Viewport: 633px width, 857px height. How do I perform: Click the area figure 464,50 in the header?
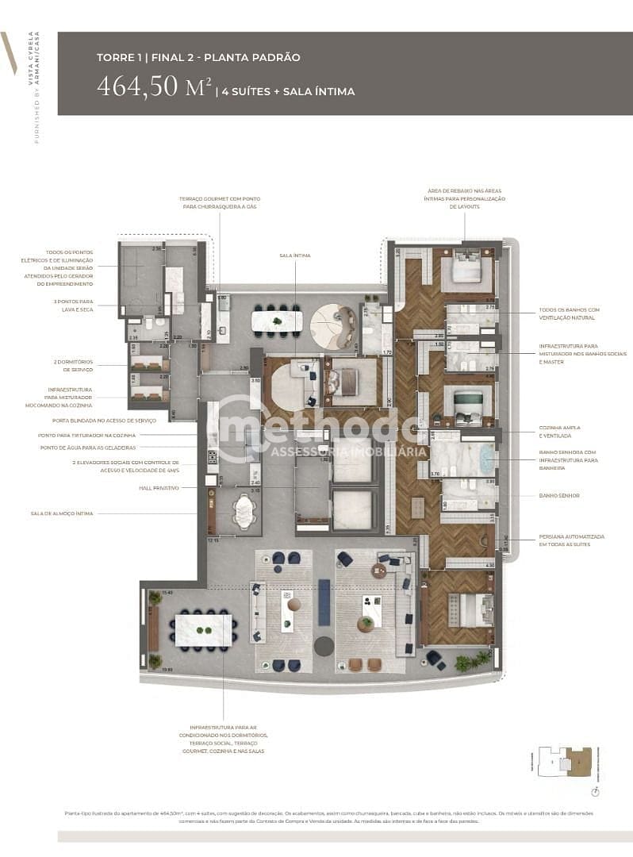click(146, 86)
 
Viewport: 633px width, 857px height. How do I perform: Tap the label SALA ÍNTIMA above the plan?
click(294, 256)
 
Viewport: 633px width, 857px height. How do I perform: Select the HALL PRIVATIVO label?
click(159, 488)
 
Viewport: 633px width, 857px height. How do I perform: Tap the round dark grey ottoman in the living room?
click(323, 646)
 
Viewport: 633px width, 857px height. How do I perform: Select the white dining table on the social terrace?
click(203, 630)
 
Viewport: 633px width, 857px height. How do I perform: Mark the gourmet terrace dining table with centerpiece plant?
click(276, 321)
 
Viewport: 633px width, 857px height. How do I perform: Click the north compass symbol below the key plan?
click(595, 791)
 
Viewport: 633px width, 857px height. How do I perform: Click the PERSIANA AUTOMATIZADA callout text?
click(571, 540)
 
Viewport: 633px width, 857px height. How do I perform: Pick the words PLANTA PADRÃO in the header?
click(257, 58)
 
